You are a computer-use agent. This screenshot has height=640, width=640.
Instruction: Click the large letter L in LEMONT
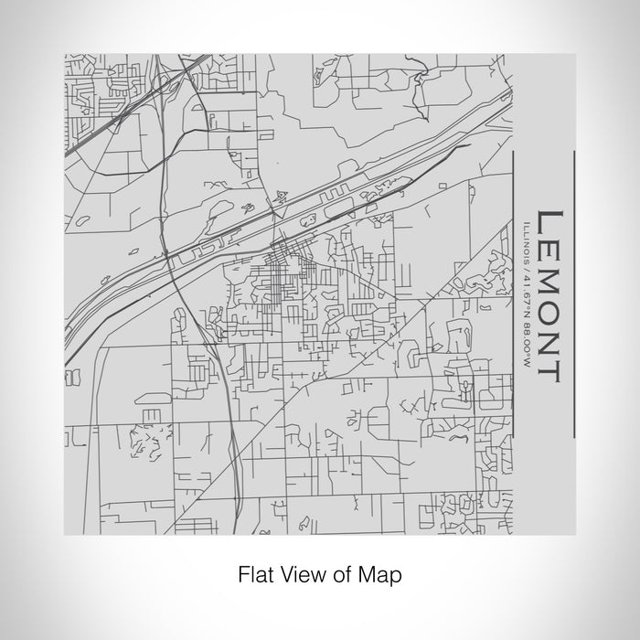[546, 224]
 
